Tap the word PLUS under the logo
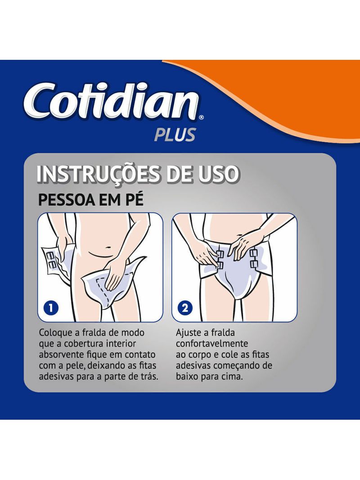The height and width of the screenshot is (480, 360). click(175, 135)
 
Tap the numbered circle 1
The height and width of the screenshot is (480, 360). click(51, 307)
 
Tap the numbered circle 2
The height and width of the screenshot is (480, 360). click(185, 308)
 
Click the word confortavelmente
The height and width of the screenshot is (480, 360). click(212, 344)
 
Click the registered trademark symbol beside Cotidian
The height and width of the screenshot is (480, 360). click(201, 117)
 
